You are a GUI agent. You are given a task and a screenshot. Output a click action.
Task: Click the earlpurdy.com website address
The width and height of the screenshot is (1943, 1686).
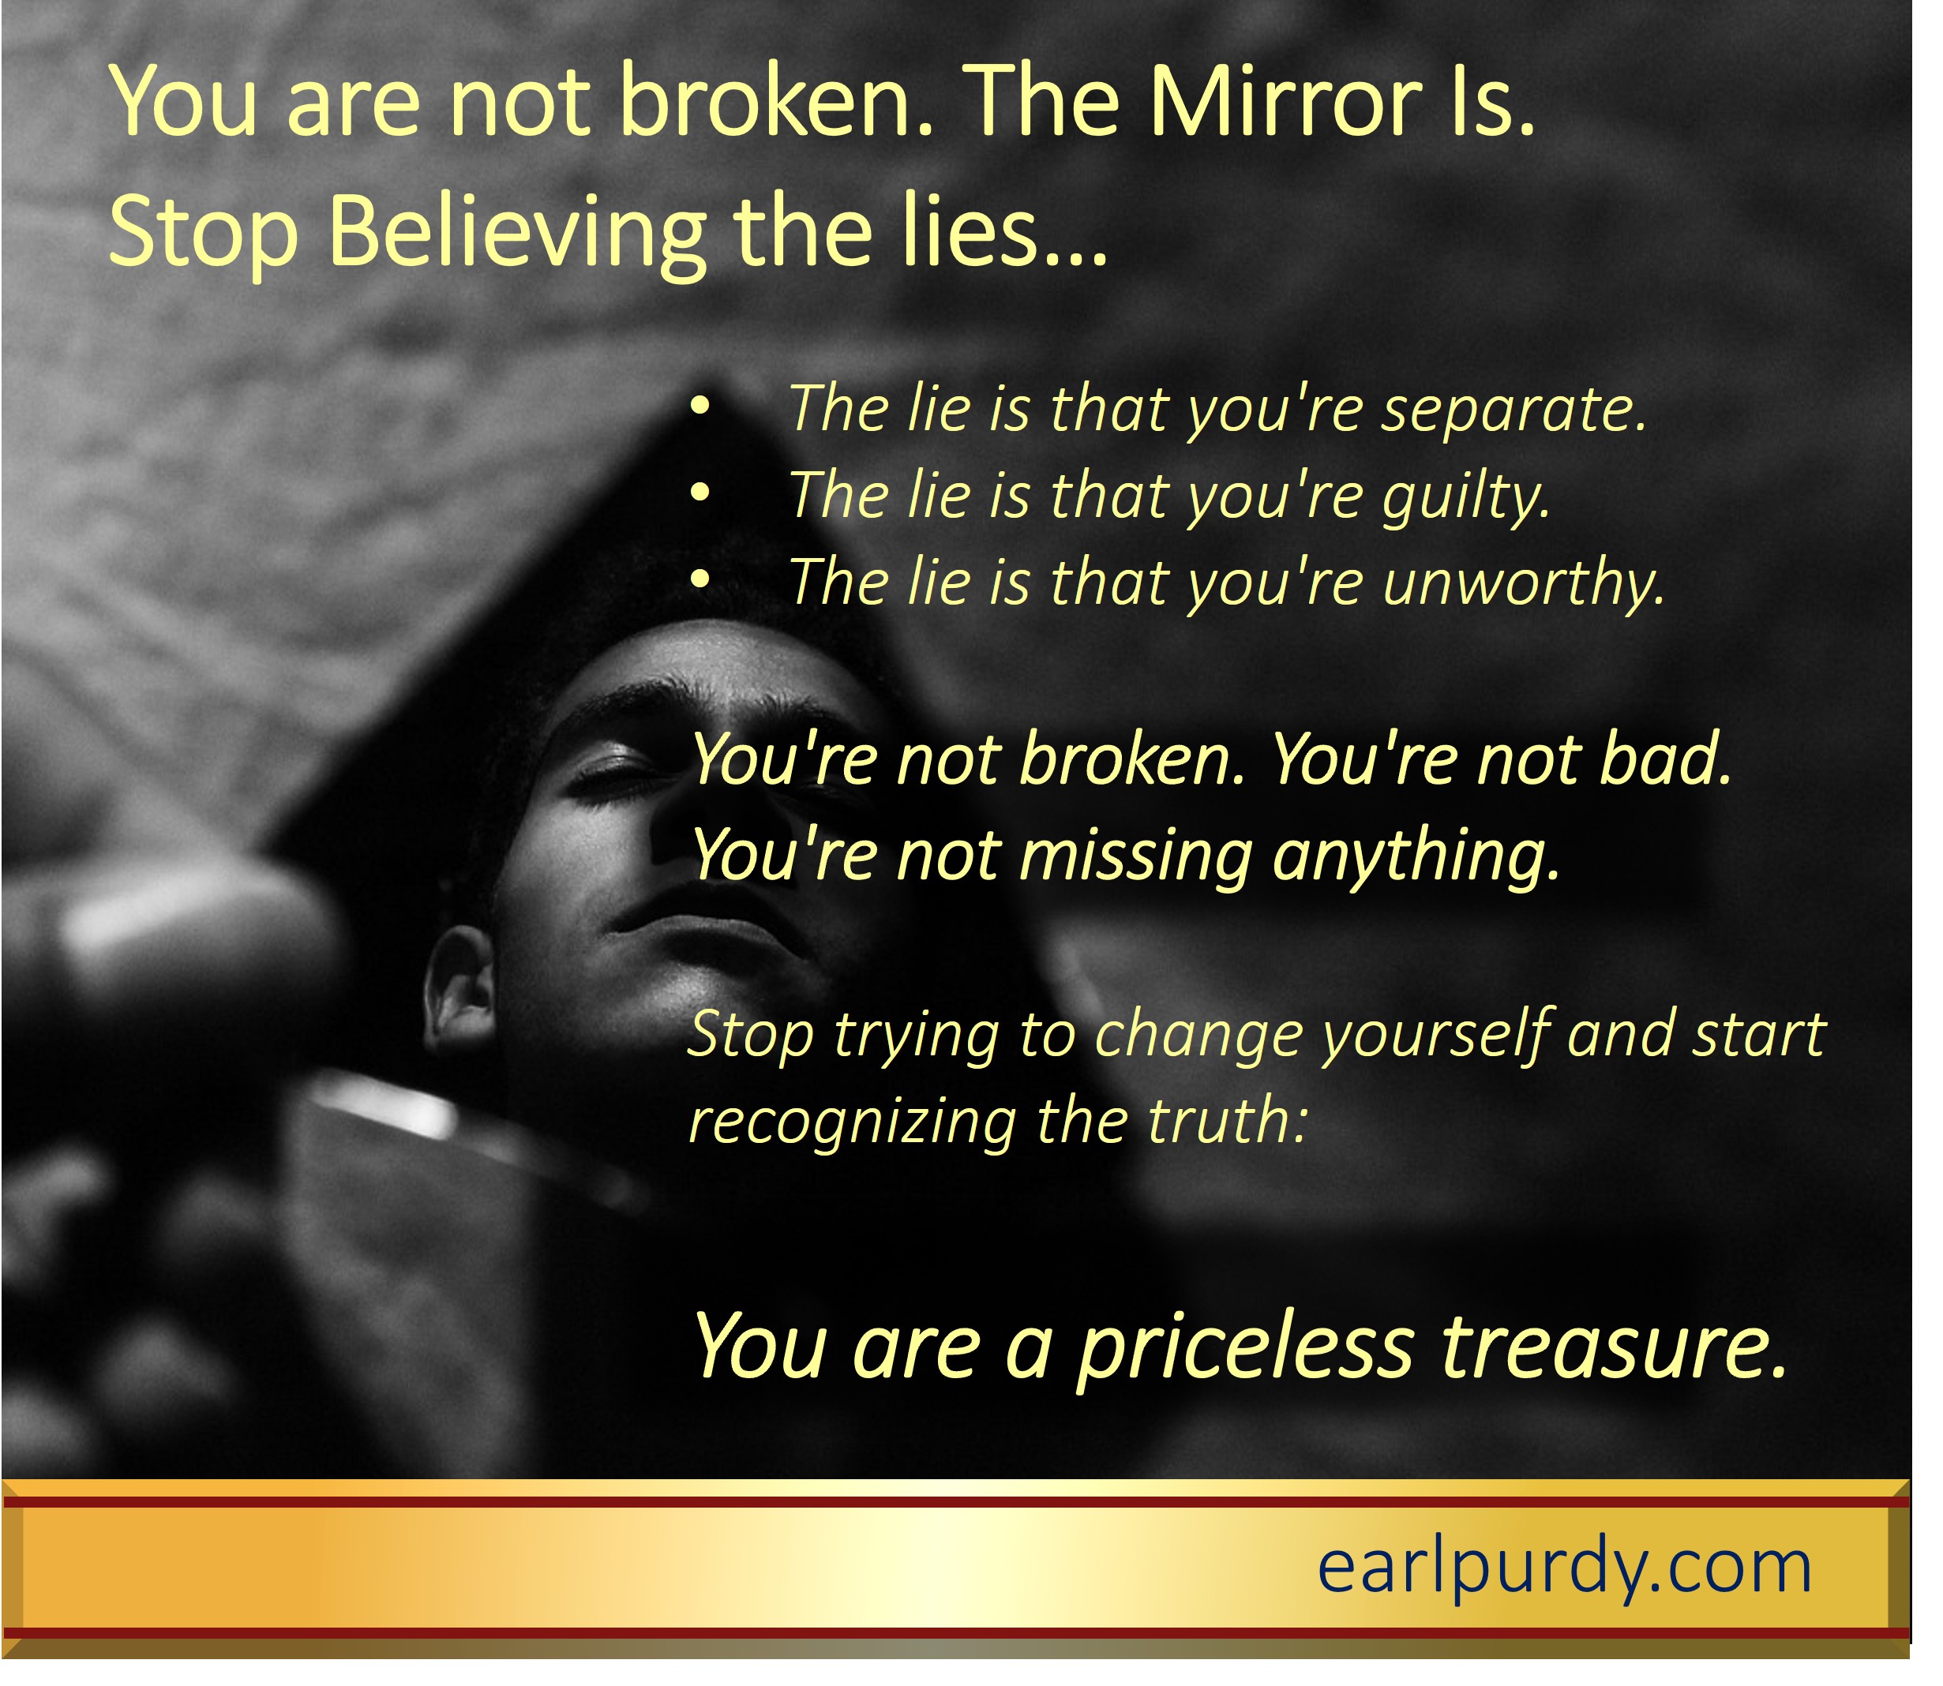tap(1564, 1568)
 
